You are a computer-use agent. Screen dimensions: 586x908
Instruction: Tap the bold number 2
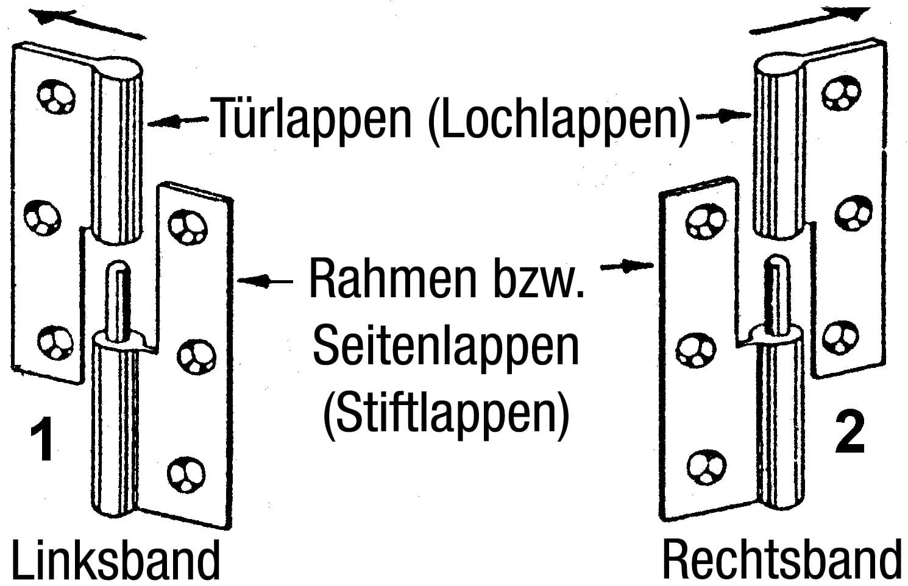(x=849, y=432)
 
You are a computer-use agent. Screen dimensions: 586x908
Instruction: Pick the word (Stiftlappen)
(x=445, y=414)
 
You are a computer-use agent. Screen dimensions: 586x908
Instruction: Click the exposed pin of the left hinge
(x=119, y=298)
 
